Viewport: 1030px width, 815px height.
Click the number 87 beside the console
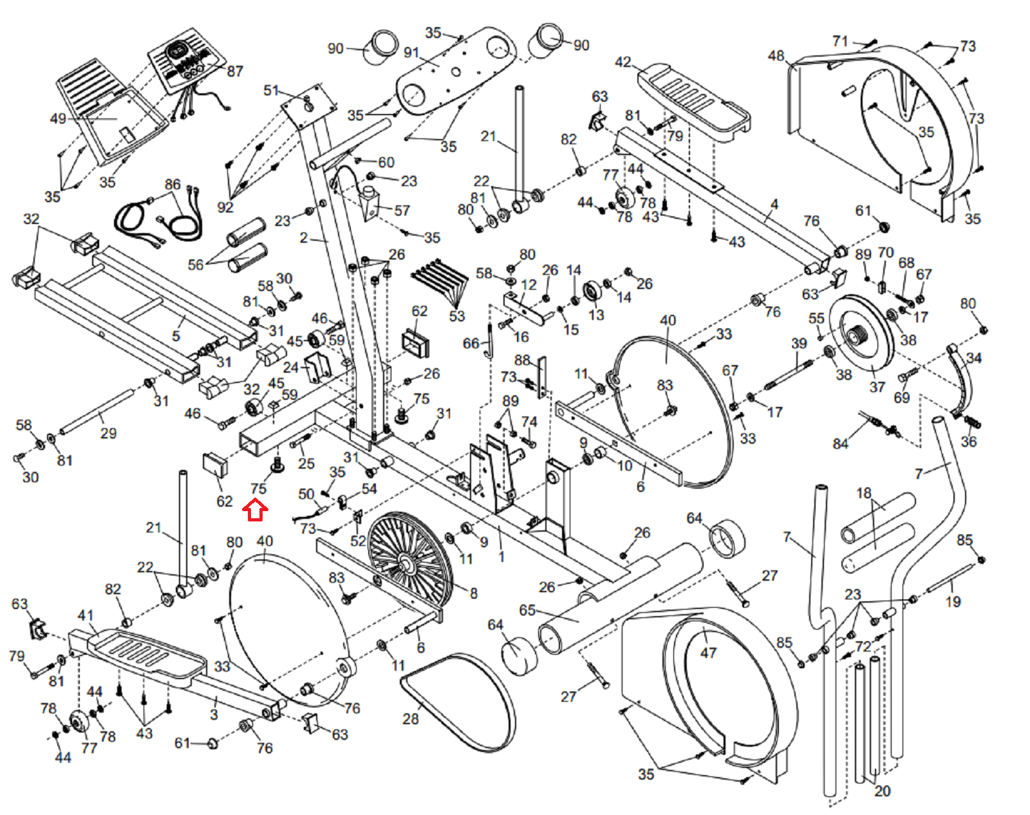[x=235, y=71]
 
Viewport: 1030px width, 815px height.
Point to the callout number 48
[x=776, y=56]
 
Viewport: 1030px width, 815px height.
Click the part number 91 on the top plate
[x=411, y=53]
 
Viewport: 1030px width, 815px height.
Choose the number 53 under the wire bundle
[x=456, y=316]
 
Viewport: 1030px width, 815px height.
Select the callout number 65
[x=527, y=610]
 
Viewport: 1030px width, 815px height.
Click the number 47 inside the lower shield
[x=708, y=653]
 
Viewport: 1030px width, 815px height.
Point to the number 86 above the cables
[x=173, y=184]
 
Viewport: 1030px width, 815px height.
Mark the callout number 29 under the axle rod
[x=108, y=433]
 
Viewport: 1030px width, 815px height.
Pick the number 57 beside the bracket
[x=402, y=211]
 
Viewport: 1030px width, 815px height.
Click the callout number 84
[x=840, y=444]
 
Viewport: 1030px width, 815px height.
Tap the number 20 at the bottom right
[x=882, y=791]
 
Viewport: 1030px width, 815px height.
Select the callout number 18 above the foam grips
[x=863, y=493]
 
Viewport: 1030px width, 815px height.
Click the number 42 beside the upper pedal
[x=623, y=62]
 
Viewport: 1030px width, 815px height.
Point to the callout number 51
[x=271, y=90]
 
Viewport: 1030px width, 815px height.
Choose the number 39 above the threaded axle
[x=799, y=343]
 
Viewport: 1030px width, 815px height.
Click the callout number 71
[x=840, y=41]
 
